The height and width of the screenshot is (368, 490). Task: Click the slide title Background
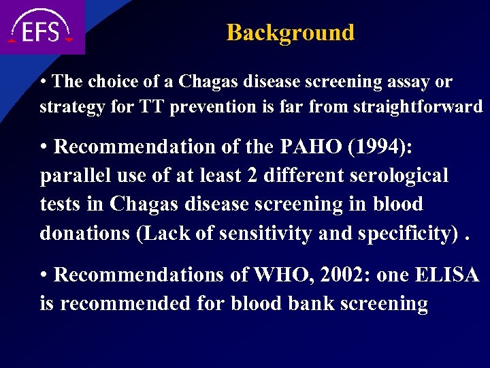coord(290,32)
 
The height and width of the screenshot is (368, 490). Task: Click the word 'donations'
coord(85,233)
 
